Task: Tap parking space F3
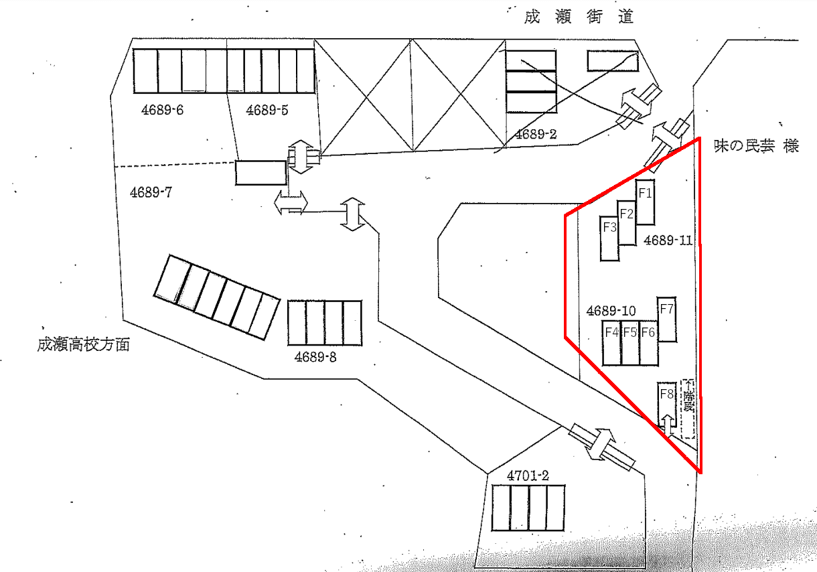609,238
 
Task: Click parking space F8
666,405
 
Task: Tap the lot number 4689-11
668,240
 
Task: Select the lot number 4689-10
611,311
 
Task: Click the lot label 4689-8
315,357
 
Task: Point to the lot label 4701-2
528,476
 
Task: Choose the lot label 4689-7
152,193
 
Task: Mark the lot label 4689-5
267,110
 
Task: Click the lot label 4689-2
536,134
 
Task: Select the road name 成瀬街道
579,17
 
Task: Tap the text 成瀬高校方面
83,346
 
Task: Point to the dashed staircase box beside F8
688,409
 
